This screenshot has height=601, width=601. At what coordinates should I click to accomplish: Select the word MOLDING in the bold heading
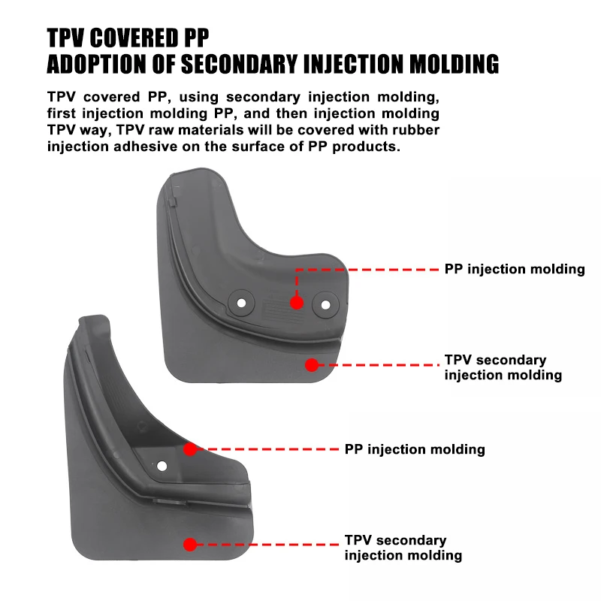pyautogui.click(x=455, y=64)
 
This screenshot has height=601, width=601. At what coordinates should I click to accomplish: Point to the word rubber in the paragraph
pyautogui.click(x=412, y=130)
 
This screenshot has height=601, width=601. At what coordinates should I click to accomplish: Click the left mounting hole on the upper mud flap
pyautogui.click(x=241, y=304)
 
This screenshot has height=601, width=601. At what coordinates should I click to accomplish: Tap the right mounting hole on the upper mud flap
pyautogui.click(x=325, y=304)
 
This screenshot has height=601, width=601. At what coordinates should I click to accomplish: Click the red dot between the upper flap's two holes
pyautogui.click(x=297, y=302)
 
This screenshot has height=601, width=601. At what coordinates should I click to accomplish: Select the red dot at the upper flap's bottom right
pyautogui.click(x=312, y=365)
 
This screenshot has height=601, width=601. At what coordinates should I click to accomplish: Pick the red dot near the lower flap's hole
pyautogui.click(x=190, y=448)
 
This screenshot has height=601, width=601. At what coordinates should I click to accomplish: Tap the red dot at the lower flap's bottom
pyautogui.click(x=190, y=545)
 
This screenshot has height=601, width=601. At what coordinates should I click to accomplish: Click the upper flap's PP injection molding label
pyautogui.click(x=514, y=269)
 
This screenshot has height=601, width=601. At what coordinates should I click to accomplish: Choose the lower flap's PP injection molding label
pyautogui.click(x=415, y=449)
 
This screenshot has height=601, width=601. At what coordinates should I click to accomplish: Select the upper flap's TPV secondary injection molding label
pyautogui.click(x=503, y=367)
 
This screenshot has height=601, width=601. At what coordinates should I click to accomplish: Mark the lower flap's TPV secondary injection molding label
pyautogui.click(x=403, y=548)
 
